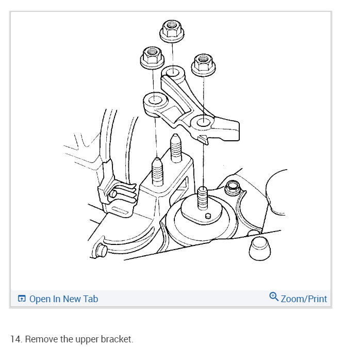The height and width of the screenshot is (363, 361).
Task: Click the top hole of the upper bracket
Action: (173, 72)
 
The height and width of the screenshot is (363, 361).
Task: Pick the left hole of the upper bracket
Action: (154, 98)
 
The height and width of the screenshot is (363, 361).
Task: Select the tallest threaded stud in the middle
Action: (175, 147)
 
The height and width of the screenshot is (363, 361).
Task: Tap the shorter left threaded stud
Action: (157, 172)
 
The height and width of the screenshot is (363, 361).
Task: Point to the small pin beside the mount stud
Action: (208, 215)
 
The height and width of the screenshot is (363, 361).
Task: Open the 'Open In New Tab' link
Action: (63, 299)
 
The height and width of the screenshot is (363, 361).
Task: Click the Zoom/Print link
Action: (304, 299)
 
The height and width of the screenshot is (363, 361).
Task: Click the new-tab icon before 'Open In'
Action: (22, 299)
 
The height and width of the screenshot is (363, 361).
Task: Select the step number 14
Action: (16, 340)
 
